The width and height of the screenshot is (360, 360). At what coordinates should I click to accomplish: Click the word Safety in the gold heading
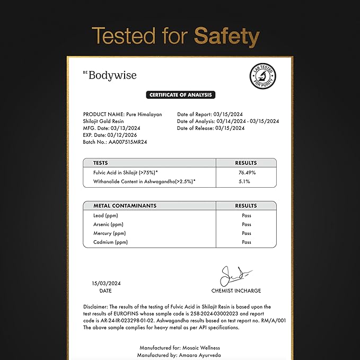coord(227,37)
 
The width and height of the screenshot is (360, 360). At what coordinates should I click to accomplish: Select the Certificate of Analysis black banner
coord(180,95)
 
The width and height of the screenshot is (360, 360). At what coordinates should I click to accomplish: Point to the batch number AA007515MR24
coord(130,143)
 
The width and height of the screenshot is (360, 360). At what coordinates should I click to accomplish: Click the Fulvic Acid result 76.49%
coord(246,173)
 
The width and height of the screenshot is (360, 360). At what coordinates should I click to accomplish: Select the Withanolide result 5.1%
coord(246,182)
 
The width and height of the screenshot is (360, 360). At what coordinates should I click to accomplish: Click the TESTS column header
coord(101,163)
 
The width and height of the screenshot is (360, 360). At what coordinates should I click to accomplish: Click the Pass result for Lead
coord(246,215)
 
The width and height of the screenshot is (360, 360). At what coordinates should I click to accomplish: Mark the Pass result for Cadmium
coord(246,242)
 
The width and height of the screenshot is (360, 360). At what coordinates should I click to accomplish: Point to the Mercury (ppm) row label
coord(109,233)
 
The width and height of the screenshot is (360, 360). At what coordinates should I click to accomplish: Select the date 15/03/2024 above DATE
coord(105,283)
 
